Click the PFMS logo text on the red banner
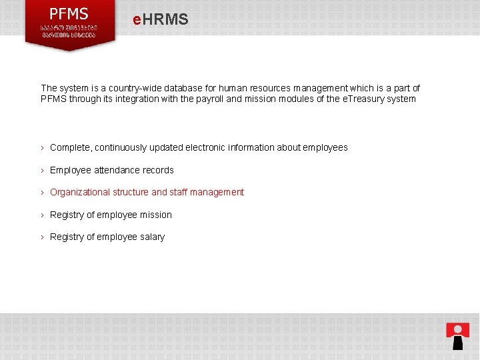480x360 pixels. pyautogui.click(x=69, y=13)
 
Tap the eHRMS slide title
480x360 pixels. pyautogui.click(x=160, y=20)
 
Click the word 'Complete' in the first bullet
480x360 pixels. pyautogui.click(x=70, y=147)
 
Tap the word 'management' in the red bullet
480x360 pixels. pyautogui.click(x=217, y=192)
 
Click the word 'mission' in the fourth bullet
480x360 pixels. pyautogui.click(x=156, y=215)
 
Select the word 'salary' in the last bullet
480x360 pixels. pyautogui.click(x=153, y=237)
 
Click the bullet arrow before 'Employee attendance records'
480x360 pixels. pyautogui.click(x=43, y=170)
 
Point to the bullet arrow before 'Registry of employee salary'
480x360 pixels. pyautogui.click(x=43, y=237)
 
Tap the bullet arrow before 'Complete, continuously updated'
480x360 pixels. pyautogui.click(x=43, y=147)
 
